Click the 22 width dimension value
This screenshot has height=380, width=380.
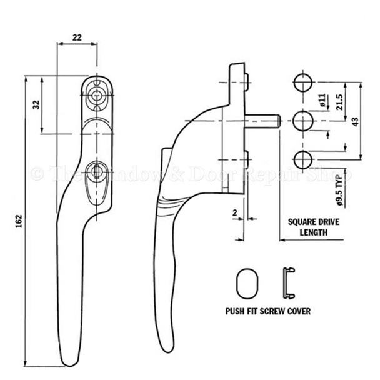pyautogui.click(x=77, y=37)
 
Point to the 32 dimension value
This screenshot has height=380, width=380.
pyautogui.click(x=36, y=104)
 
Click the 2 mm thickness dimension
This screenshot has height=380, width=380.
pyautogui.click(x=234, y=213)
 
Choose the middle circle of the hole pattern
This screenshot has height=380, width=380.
pyautogui.click(x=303, y=119)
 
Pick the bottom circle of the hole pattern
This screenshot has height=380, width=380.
pyautogui.click(x=303, y=157)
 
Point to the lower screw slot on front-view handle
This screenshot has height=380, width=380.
pyautogui.click(x=97, y=170)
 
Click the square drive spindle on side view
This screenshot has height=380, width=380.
pyautogui.click(x=263, y=120)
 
